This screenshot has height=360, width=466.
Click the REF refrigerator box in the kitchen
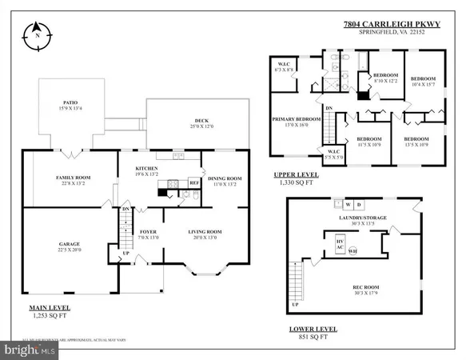[x=193, y=182]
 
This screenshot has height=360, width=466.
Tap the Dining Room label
[x=224, y=178]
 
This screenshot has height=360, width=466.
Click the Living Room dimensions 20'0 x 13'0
[x=205, y=238]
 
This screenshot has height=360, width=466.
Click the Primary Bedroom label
[x=297, y=118]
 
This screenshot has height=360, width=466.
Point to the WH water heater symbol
[x=352, y=251]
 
